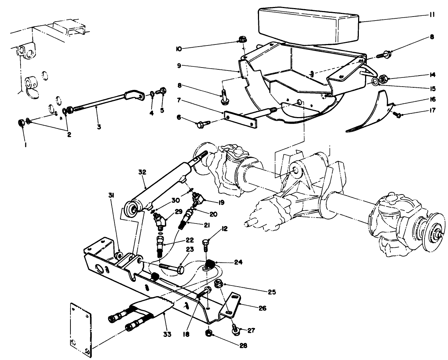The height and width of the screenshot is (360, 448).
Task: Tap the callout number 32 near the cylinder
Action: coord(142,172)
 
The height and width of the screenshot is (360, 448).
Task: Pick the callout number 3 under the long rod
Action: coord(99,127)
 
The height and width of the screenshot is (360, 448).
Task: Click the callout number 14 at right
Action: coord(432,75)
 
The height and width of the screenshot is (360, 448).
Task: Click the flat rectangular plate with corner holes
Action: coord(80,329)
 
